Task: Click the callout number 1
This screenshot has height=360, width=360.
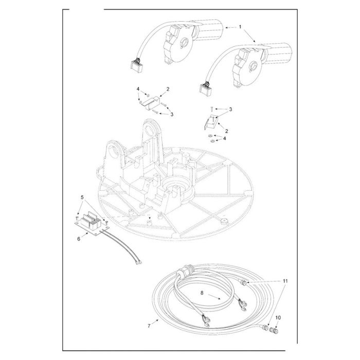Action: pyautogui.click(x=240, y=27)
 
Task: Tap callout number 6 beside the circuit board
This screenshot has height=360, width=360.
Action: pyautogui.click(x=79, y=239)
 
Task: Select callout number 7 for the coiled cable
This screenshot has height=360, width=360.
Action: pyautogui.click(x=149, y=326)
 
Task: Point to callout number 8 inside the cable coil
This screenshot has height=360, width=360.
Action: pyautogui.click(x=202, y=293)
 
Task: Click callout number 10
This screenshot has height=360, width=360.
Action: pyautogui.click(x=278, y=318)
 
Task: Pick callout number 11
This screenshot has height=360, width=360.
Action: pyautogui.click(x=285, y=281)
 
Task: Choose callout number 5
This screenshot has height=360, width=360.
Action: pyautogui.click(x=82, y=197)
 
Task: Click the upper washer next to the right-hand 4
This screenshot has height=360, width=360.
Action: pyautogui.click(x=210, y=136)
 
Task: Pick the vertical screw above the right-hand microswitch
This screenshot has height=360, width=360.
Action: pyautogui.click(x=211, y=109)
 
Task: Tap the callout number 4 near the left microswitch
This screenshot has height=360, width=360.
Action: pyautogui.click(x=138, y=88)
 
